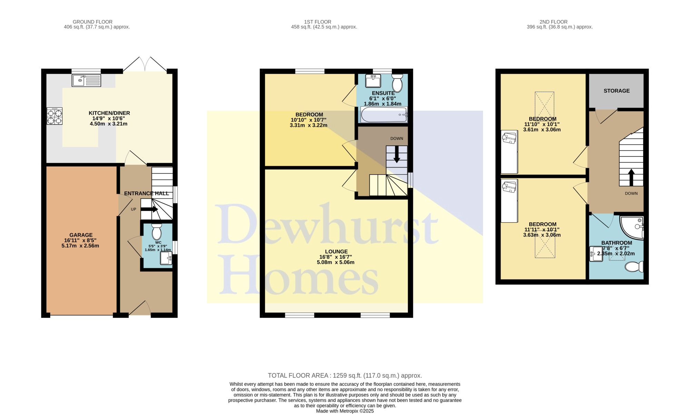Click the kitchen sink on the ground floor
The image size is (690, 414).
(x=86, y=81)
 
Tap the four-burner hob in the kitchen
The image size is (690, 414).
(x=55, y=116)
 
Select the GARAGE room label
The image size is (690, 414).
(x=81, y=235)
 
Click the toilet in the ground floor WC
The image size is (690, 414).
(x=157, y=231)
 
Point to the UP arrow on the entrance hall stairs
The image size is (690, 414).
(x=149, y=209)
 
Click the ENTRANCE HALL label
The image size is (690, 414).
(x=147, y=193)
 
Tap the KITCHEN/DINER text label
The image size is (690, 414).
(x=109, y=113)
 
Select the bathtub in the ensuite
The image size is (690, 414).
(x=384, y=114)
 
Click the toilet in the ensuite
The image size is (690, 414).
(x=397, y=83)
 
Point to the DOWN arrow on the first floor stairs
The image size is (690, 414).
(x=397, y=154)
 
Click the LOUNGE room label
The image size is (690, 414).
(x=336, y=252)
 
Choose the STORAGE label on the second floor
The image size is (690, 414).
(x=617, y=91)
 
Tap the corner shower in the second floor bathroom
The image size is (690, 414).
(x=632, y=228)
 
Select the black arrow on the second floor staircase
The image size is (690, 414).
(x=631, y=178)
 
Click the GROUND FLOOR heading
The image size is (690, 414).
(x=92, y=22)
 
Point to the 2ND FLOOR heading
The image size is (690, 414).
(x=553, y=22)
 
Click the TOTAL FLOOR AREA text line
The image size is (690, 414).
(x=345, y=376)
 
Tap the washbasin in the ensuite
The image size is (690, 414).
(x=373, y=81)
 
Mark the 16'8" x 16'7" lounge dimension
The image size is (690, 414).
(x=336, y=257)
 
